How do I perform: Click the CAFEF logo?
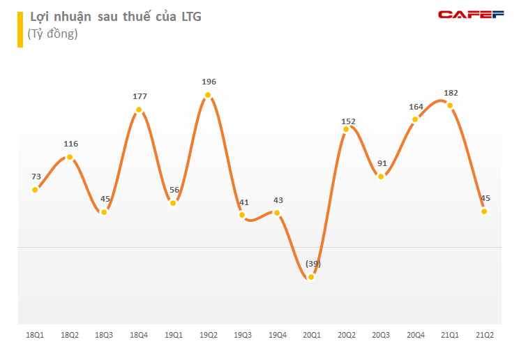pyautogui.click(x=471, y=15)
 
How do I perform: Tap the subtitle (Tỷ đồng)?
pyautogui.click(x=52, y=33)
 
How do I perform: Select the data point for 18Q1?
pyautogui.click(x=36, y=189)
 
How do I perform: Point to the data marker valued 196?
pyautogui.click(x=208, y=95)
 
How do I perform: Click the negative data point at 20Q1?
pyautogui.click(x=311, y=277)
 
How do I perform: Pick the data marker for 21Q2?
pyautogui.click(x=483, y=211)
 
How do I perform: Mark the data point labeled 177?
pyautogui.click(x=140, y=110)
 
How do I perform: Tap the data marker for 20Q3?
pyautogui.click(x=381, y=177)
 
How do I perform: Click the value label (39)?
pyautogui.click(x=313, y=263)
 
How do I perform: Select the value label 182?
pyautogui.click(x=450, y=92)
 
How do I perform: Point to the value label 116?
pyautogui.click(x=70, y=144)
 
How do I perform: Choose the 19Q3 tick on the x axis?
pyautogui.click(x=243, y=336)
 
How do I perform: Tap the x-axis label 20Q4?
pyautogui.click(x=415, y=336)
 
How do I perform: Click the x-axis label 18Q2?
pyautogui.click(x=70, y=336)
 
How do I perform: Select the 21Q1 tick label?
pyautogui.click(x=450, y=336)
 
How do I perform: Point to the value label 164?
pyautogui.click(x=416, y=107)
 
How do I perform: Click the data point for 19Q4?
pyautogui.click(x=277, y=213)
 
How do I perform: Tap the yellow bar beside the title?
pyautogui.click(x=20, y=29)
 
